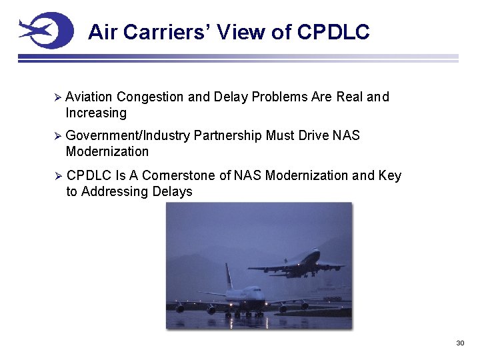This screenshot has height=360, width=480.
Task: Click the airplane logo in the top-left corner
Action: click(45, 30)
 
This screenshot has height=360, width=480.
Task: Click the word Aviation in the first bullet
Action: click(89, 97)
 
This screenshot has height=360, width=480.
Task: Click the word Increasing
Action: click(96, 113)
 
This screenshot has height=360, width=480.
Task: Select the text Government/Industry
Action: click(128, 136)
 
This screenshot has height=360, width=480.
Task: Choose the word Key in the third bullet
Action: click(390, 176)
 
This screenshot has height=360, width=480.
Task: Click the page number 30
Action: click(459, 343)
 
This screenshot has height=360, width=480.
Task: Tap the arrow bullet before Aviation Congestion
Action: click(57, 97)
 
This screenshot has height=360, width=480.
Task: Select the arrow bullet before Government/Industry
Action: click(57, 136)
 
